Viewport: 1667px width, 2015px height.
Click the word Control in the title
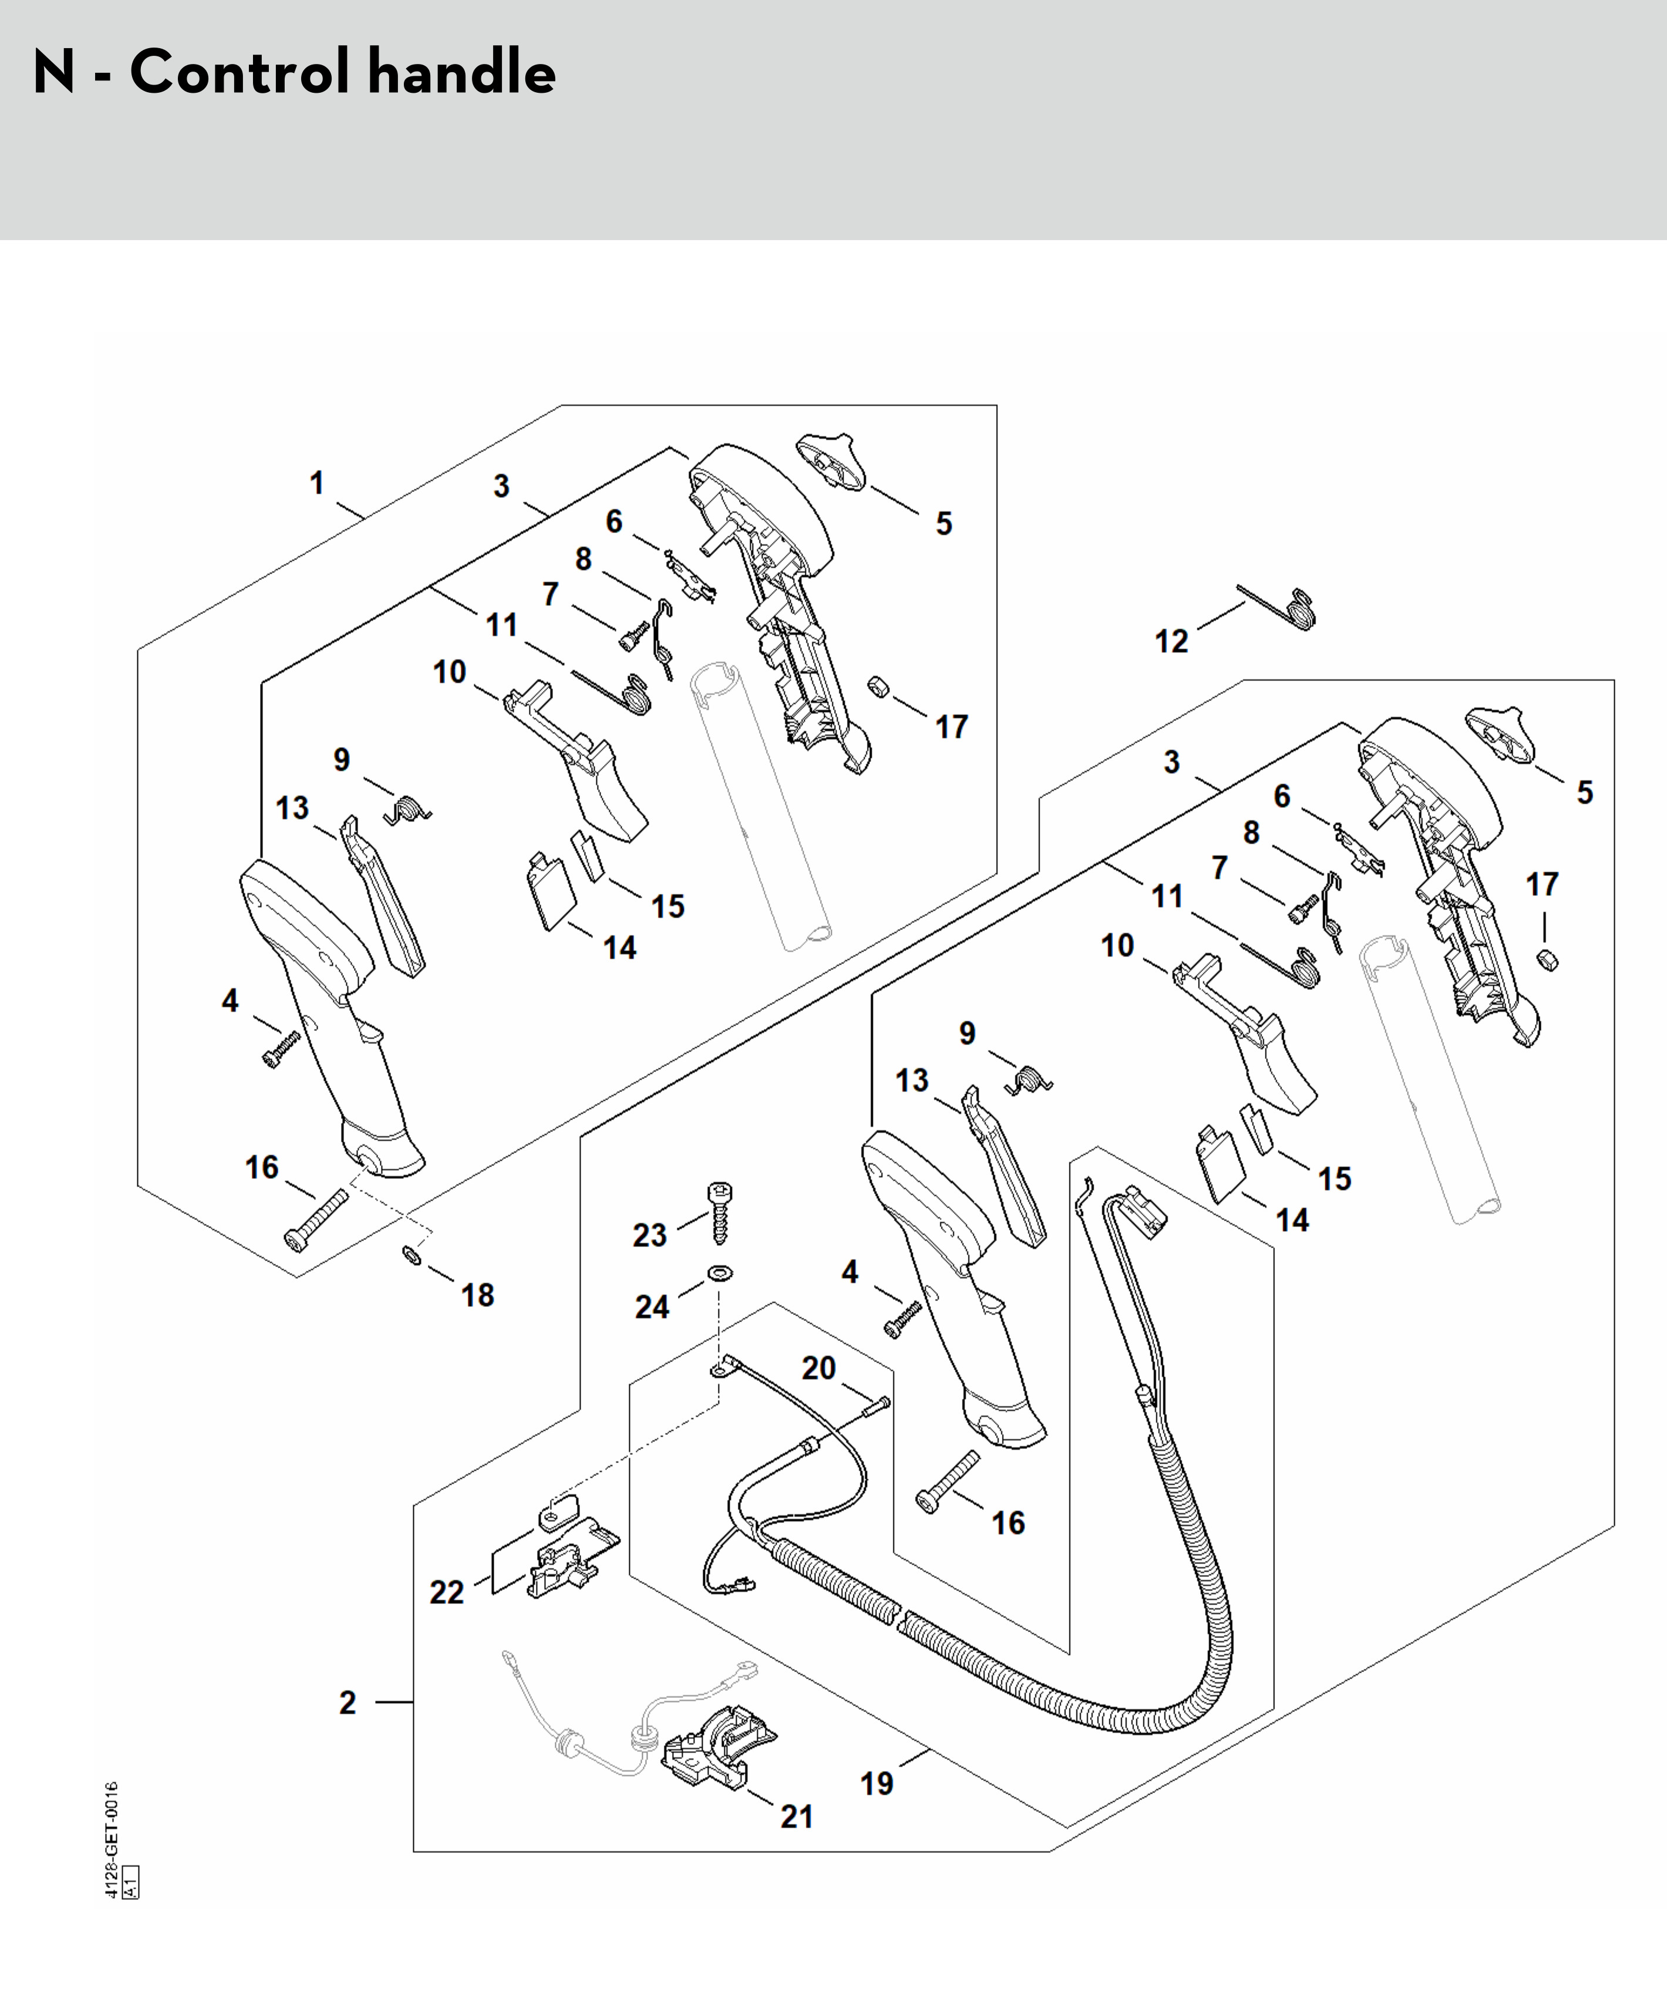pos(240,73)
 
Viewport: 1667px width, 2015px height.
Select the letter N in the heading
pos(54,73)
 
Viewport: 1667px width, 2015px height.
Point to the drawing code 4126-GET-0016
pos(112,1841)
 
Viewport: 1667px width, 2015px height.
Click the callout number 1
pos(316,483)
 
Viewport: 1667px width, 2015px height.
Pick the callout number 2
pos(347,1703)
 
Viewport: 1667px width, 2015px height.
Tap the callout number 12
pos(1171,641)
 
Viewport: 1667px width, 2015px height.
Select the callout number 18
pos(478,1295)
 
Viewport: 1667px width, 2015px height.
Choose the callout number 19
pos(877,1784)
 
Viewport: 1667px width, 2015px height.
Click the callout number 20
pos(819,1368)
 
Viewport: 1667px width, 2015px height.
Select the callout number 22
pos(447,1593)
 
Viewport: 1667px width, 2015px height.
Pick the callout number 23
pos(649,1235)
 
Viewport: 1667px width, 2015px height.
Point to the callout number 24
pos(652,1307)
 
